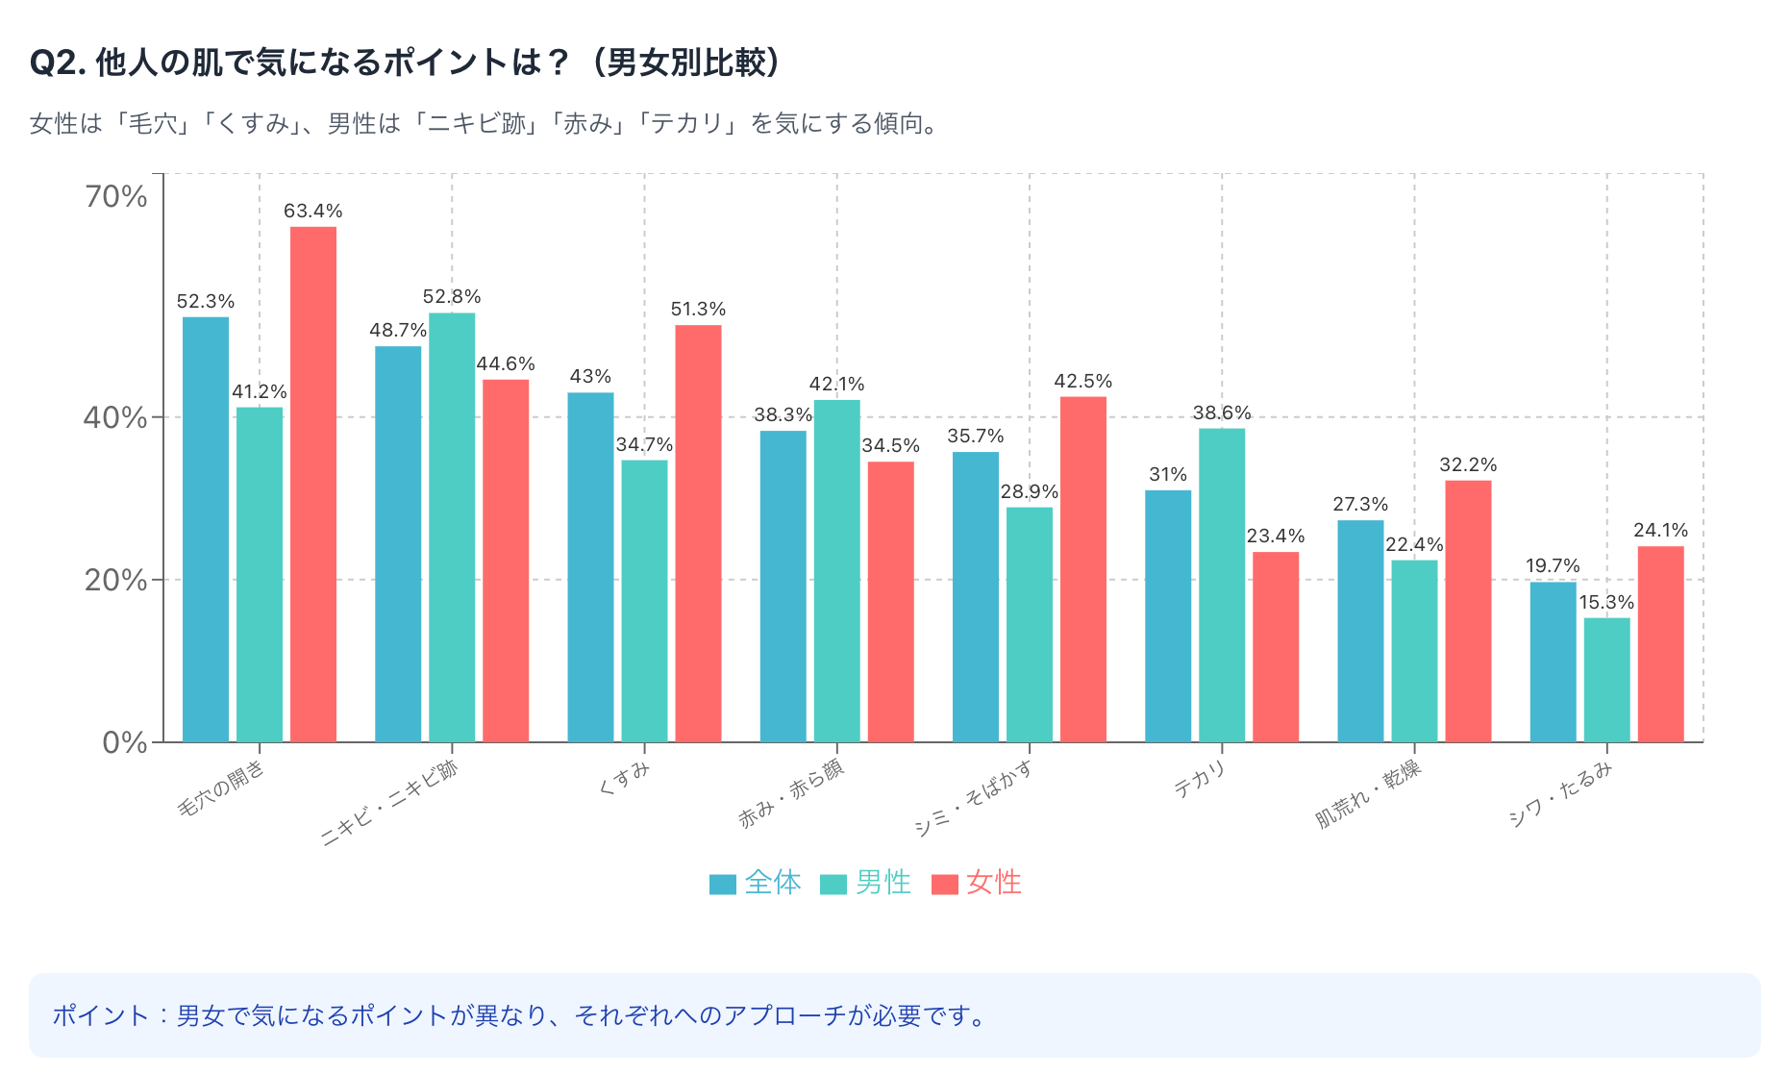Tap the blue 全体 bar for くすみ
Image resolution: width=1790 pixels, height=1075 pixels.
point(590,566)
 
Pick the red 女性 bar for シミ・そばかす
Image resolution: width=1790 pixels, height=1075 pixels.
point(1083,568)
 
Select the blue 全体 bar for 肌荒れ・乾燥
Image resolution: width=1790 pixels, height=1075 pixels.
point(1360,631)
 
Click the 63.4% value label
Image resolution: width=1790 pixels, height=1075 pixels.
point(313,211)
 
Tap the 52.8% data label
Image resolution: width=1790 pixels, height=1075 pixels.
point(452,296)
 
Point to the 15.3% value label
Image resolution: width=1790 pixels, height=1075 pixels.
point(1606,602)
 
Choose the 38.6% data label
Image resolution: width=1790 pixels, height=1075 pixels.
point(1222,412)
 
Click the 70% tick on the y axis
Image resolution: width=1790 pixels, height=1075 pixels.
point(116,196)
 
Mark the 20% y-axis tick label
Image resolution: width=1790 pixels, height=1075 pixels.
point(116,580)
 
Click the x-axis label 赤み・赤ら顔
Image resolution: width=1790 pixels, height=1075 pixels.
point(791,794)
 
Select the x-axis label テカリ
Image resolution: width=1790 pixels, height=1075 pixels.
point(1200,779)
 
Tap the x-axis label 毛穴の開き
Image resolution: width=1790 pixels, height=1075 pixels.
point(221,789)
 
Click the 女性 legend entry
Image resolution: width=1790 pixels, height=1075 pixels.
point(977,882)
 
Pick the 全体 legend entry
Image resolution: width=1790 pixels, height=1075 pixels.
point(756,882)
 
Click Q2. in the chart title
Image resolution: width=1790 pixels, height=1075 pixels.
point(59,62)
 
